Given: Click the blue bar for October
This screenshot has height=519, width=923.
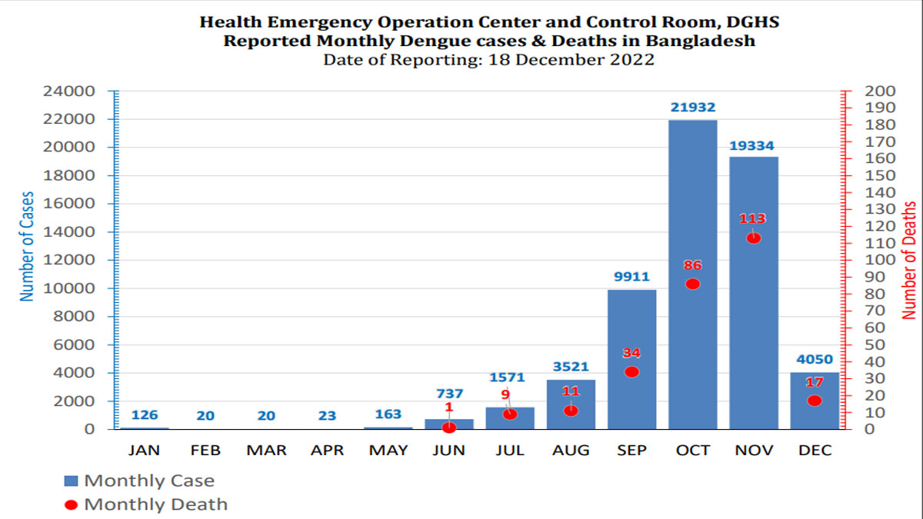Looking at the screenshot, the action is coord(693,274).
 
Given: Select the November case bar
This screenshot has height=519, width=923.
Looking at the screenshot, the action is coord(754,293).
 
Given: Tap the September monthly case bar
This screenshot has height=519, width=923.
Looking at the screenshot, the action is coord(631,359).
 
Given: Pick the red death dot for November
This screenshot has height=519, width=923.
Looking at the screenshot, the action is coord(754,238).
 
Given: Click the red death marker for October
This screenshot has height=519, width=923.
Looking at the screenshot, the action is coord(693,284).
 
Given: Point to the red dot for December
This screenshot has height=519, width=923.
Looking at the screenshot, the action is coord(815,401).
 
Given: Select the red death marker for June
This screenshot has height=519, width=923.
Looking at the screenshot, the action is coord(449,428).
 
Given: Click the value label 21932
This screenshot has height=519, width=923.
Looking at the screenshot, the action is coord(693,107).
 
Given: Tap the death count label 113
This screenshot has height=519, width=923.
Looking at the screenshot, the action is coord(752,218).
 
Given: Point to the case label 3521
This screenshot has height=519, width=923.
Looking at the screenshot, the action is coord(571,366).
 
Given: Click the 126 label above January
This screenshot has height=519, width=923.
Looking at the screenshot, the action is coord(145,414).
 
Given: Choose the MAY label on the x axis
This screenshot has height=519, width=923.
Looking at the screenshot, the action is coord(388,451).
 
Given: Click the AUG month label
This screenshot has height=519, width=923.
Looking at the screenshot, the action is coord(571,451).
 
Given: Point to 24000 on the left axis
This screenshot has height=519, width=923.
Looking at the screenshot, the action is coord(68,91).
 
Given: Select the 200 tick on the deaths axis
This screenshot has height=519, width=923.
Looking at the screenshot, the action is coord(880,91).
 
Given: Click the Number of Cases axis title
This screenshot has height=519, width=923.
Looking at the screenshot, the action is coord(27,246).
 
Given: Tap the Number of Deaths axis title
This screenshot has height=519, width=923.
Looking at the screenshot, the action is coord(908,261).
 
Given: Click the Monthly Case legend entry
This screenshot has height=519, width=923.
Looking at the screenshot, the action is coord(139,481).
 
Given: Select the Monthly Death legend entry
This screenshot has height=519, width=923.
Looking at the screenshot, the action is coord(146,504).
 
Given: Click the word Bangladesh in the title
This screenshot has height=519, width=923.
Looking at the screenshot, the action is coord(700,41).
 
